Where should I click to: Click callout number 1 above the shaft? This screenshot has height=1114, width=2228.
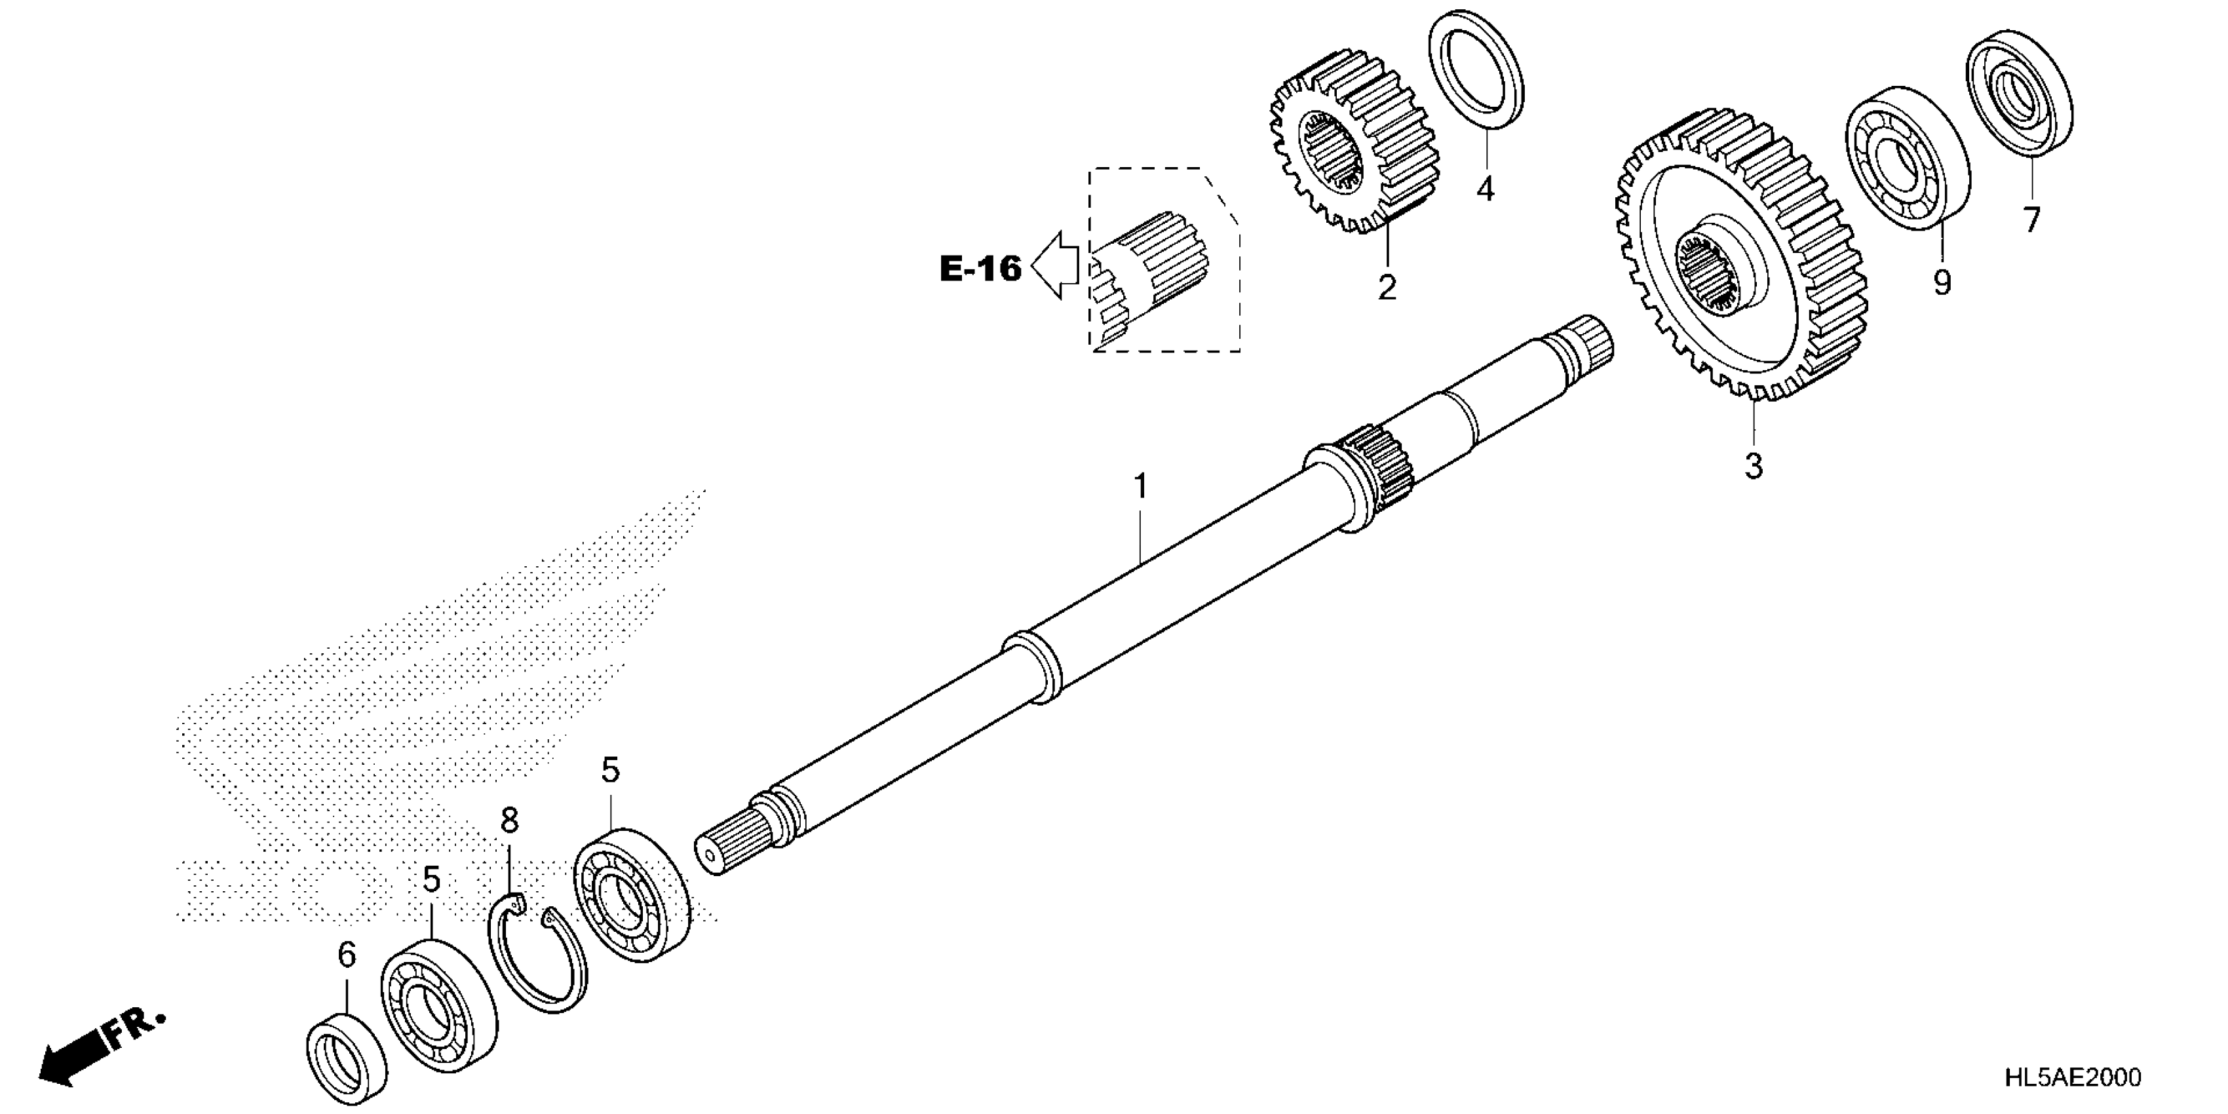pos(1141,487)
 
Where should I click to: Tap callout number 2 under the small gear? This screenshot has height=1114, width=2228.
pos(1387,286)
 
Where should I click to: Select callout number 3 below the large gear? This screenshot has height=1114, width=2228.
pos(1753,465)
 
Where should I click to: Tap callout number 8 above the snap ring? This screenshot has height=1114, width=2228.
pos(509,820)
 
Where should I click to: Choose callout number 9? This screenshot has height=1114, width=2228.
pos(1942,282)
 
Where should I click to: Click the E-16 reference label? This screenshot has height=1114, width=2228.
pos(980,269)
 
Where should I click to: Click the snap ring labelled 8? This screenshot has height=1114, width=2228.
pos(536,951)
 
